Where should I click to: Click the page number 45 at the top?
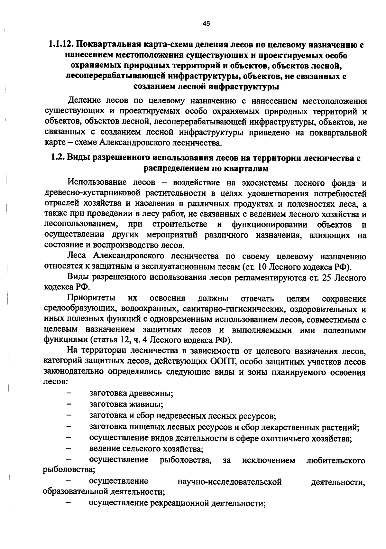pos(206,23)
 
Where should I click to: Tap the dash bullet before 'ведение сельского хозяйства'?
pos(69,448)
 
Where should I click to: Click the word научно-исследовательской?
pos(230,482)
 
